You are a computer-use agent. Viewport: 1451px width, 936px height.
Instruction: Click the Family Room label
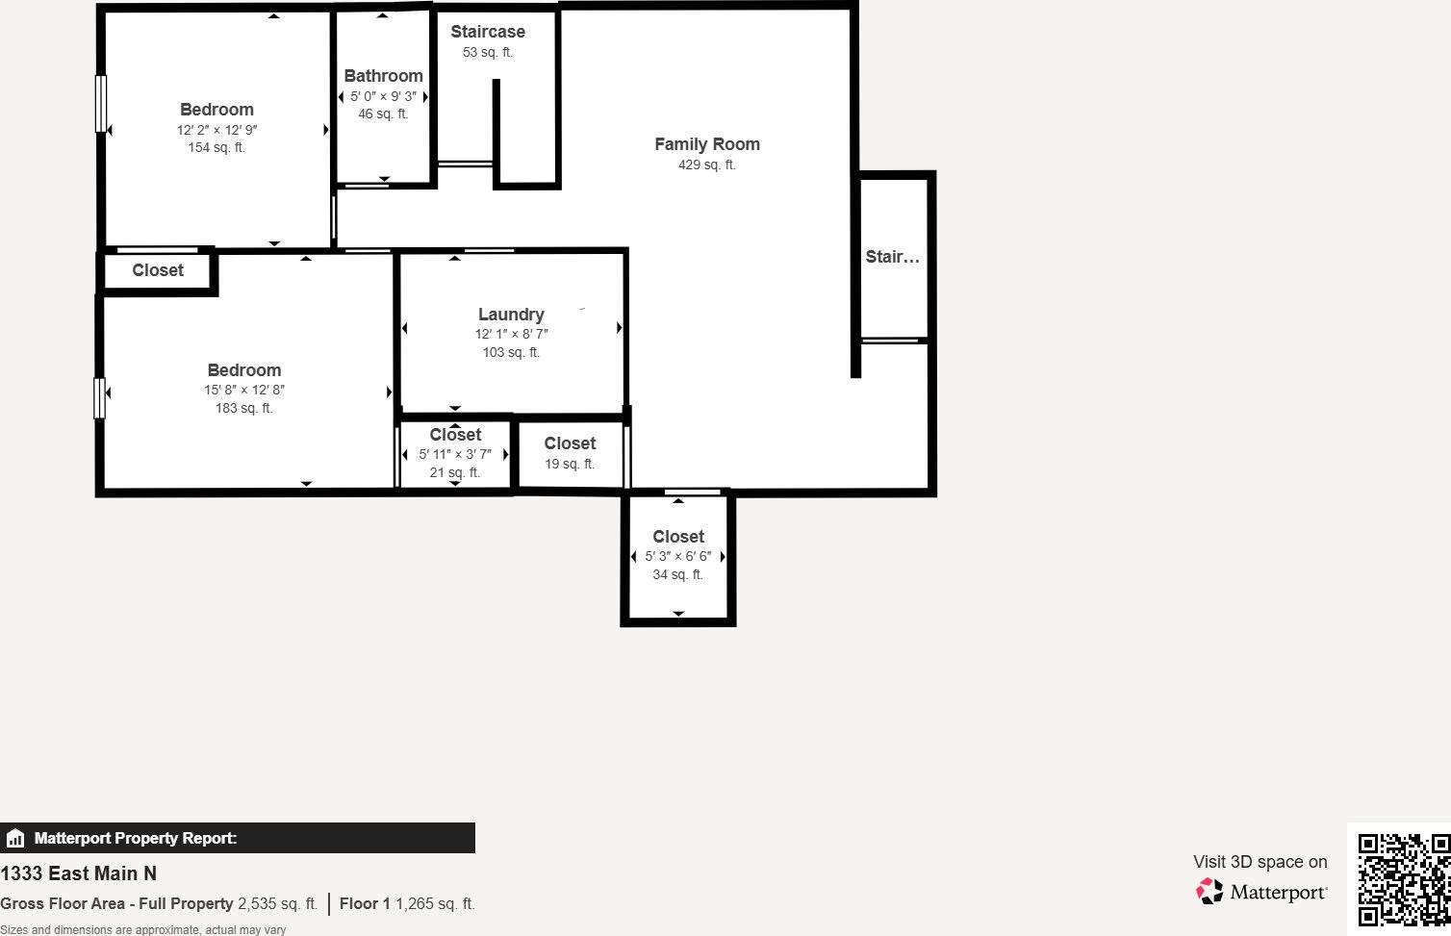(x=706, y=144)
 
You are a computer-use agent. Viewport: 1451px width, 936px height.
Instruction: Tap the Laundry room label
(x=511, y=315)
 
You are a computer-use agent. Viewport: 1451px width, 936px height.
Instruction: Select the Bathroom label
(x=383, y=76)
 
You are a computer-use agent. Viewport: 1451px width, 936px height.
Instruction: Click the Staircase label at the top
(x=488, y=32)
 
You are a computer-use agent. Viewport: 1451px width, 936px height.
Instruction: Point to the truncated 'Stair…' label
(x=892, y=257)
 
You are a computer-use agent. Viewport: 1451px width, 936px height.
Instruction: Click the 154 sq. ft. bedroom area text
(x=216, y=147)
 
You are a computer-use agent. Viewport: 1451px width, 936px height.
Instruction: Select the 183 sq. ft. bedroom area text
(x=243, y=408)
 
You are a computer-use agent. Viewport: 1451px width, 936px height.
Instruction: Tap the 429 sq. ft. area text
(x=706, y=164)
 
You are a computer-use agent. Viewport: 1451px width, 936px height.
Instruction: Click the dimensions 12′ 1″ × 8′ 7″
(x=511, y=334)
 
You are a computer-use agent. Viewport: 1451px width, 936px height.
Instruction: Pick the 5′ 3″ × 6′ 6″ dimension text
(x=677, y=556)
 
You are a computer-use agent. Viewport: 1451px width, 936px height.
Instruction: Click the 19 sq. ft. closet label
(x=570, y=464)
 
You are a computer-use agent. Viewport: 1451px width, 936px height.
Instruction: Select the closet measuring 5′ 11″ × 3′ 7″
(x=455, y=435)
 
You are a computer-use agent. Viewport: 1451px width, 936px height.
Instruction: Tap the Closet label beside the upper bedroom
(x=158, y=270)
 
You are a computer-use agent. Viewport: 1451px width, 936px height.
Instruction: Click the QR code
(x=1402, y=880)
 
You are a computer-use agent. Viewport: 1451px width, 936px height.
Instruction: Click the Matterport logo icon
(x=1209, y=892)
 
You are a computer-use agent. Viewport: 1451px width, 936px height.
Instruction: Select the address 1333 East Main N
(x=78, y=873)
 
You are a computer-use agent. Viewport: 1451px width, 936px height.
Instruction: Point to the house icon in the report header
(x=15, y=838)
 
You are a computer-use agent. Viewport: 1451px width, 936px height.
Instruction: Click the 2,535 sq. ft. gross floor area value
(x=277, y=903)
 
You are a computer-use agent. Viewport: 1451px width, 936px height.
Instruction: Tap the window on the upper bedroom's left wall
(x=100, y=104)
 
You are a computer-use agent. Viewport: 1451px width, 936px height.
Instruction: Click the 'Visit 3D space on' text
(x=1260, y=862)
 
